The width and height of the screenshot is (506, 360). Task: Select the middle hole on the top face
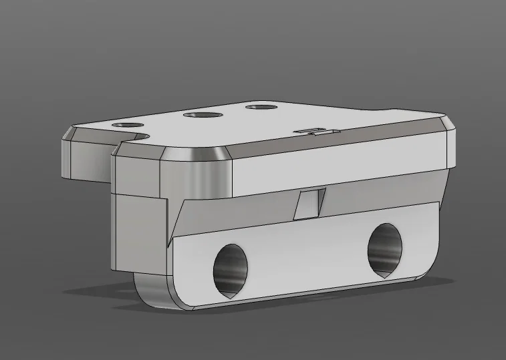click(x=203, y=116)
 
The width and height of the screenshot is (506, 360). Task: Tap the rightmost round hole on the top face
click(x=259, y=107)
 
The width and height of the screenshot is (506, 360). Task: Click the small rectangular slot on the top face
click(x=311, y=130)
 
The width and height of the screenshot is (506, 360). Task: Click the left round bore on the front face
click(x=231, y=269)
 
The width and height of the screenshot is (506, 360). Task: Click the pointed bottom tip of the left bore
click(x=229, y=294)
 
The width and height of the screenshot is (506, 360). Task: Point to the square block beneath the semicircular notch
click(x=139, y=230)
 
